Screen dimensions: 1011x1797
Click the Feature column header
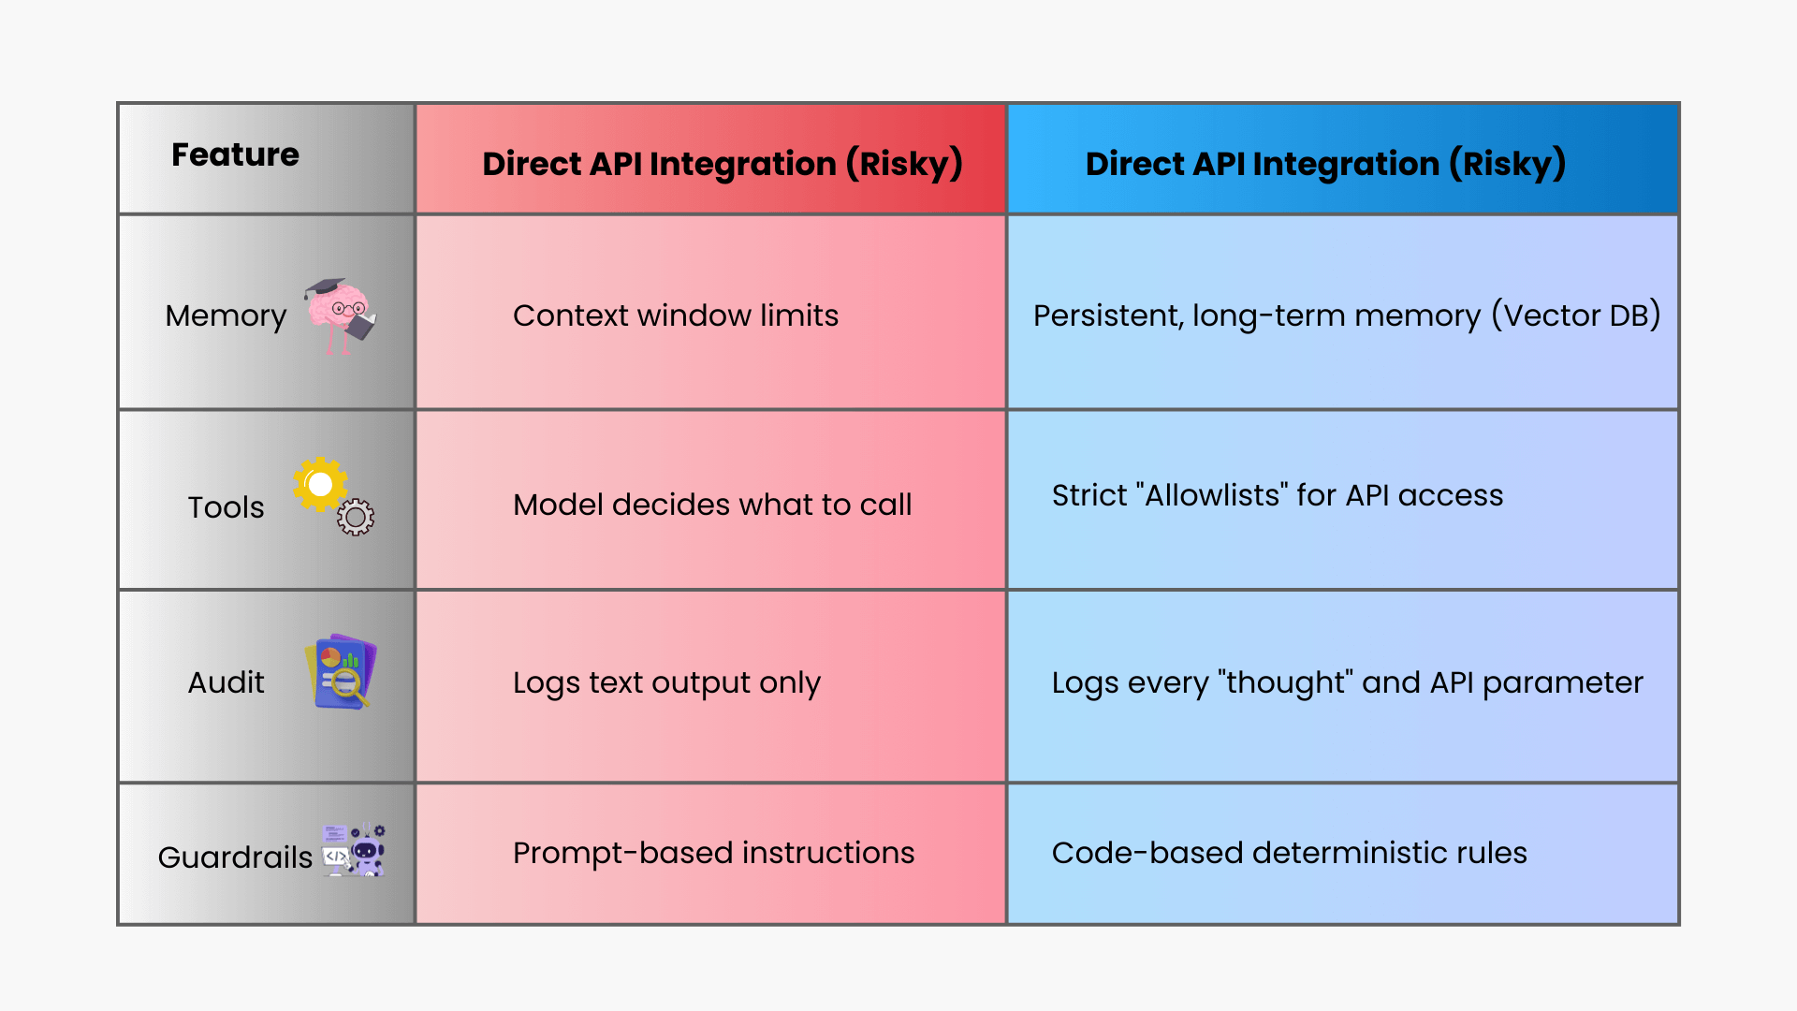[x=235, y=154]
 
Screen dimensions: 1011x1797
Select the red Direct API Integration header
[x=722, y=164]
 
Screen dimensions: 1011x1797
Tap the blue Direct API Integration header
[x=1324, y=164]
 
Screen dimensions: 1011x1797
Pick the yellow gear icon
[x=319, y=484]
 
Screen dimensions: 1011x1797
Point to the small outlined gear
[x=356, y=517]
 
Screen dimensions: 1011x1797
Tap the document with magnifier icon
[x=341, y=673]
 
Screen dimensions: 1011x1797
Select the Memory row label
[x=226, y=316]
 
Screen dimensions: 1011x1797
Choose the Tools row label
[x=226, y=507]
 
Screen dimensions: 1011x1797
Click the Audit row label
[x=226, y=682]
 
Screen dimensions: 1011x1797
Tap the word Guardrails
[x=235, y=857]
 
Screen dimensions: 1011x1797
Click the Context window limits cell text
[x=675, y=315]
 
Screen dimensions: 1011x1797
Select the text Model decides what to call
[x=711, y=505]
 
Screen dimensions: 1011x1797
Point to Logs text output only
[x=666, y=682]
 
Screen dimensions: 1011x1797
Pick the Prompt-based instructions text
[x=713, y=853]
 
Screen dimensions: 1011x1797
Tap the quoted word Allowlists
[x=1211, y=495]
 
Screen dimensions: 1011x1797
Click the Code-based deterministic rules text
[x=1289, y=853]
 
